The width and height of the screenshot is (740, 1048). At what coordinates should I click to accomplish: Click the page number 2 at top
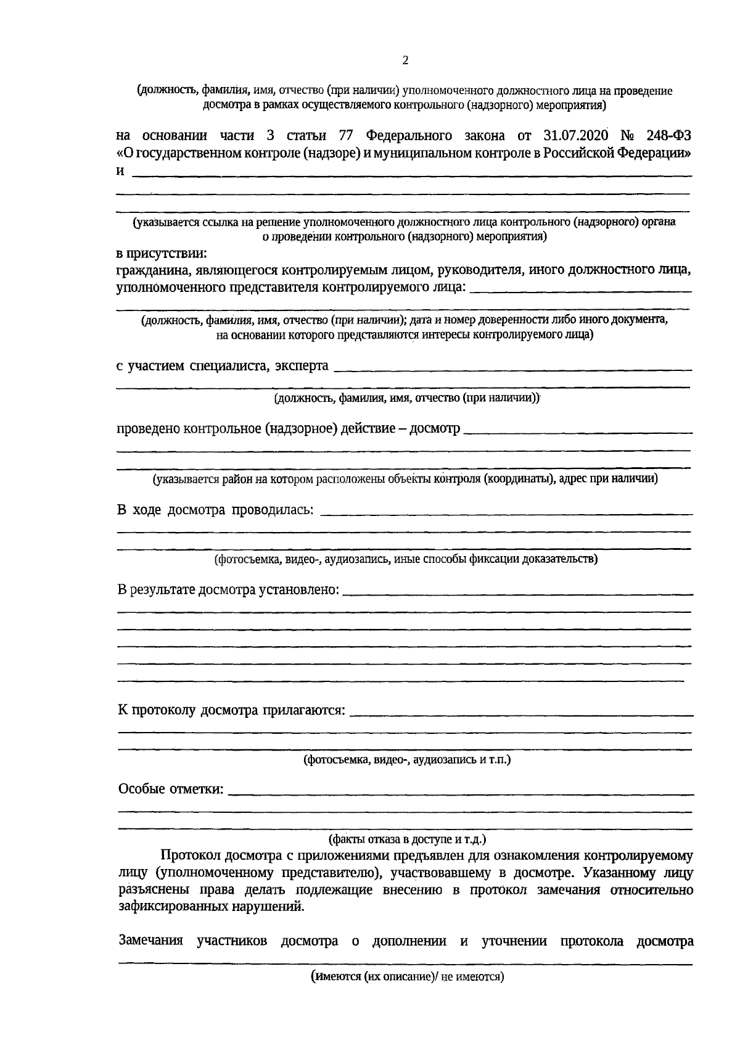tap(405, 60)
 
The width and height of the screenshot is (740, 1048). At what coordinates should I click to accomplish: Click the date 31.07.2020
tap(577, 136)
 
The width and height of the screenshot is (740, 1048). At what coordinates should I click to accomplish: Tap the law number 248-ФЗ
tap(668, 136)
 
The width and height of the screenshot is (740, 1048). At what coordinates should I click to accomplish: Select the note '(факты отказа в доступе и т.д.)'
tap(407, 839)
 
